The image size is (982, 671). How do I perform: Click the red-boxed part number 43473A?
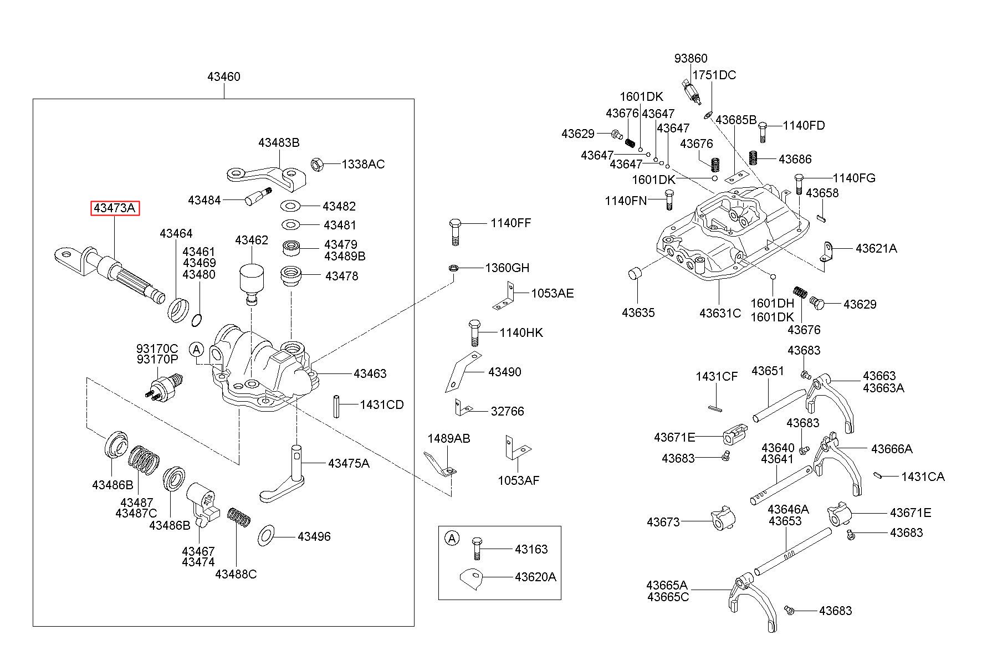click(x=115, y=208)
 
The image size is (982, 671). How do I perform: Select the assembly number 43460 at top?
click(x=224, y=76)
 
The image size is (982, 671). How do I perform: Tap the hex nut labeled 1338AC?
click(x=317, y=164)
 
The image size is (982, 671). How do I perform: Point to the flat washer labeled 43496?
click(x=267, y=536)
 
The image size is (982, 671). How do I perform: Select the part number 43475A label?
click(x=349, y=463)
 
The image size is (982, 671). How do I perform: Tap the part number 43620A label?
click(x=535, y=577)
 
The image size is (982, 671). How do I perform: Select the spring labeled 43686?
click(x=753, y=157)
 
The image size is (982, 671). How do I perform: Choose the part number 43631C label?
click(x=720, y=313)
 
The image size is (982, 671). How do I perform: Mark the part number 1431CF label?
click(x=717, y=377)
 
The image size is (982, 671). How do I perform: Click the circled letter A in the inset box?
click(x=453, y=537)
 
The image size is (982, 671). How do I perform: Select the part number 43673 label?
click(x=663, y=522)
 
